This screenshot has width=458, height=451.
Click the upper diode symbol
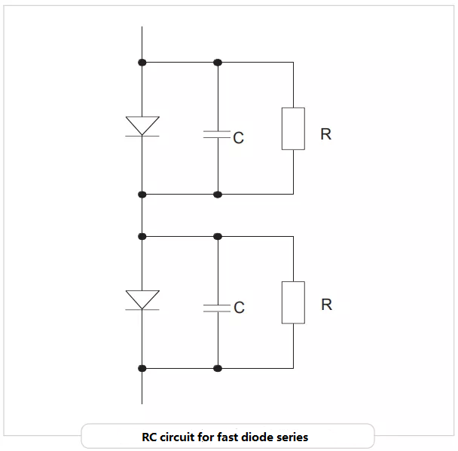142,127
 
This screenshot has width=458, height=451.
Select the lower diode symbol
142,300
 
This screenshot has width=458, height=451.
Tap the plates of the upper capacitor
218,134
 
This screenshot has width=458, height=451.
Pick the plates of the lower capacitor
218,308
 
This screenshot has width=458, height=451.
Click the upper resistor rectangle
293,128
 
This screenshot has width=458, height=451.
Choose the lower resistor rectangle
293,302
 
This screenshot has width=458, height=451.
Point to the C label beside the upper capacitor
239,138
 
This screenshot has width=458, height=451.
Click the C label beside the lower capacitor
239,308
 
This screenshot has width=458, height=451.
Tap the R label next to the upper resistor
325,134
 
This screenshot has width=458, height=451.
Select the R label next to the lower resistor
326,305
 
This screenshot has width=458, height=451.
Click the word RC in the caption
149,437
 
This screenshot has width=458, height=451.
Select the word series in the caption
290,437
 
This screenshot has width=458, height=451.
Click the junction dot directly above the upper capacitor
218,62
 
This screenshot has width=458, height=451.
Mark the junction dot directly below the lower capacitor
218,368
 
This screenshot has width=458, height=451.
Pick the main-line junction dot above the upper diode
142,62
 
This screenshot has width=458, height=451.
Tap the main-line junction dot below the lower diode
142,368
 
